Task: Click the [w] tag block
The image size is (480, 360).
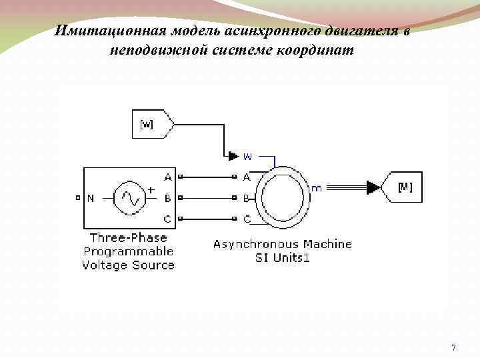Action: point(151,124)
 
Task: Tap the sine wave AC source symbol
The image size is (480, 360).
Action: point(130,197)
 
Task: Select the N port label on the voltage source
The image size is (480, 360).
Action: point(91,197)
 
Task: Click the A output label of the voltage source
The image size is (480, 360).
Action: point(167,177)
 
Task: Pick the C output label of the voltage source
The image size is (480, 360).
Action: point(167,219)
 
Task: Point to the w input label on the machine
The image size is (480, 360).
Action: point(247,157)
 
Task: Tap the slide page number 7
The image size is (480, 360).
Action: point(453,347)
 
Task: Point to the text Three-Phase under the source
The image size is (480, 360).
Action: point(128,237)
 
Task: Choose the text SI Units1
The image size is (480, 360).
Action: point(283,258)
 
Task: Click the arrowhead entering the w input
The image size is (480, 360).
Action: point(233,156)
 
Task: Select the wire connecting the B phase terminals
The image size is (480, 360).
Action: point(207,198)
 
